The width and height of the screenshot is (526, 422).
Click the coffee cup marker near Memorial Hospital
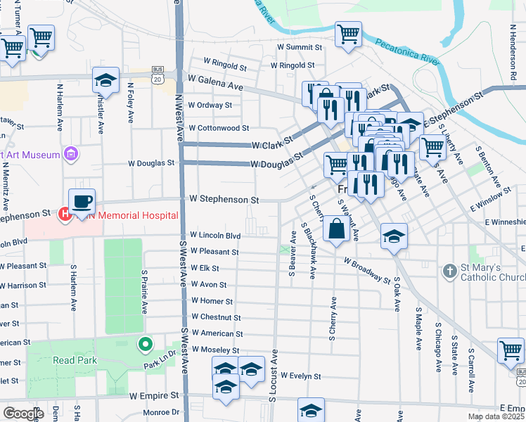(x=82, y=201)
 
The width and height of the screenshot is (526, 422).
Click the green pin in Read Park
(x=145, y=345)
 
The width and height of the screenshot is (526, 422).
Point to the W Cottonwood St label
(x=219, y=129)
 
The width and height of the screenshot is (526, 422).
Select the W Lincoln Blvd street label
(x=215, y=236)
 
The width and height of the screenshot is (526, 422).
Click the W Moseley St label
(x=215, y=350)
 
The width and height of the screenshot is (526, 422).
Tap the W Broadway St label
(x=368, y=269)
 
